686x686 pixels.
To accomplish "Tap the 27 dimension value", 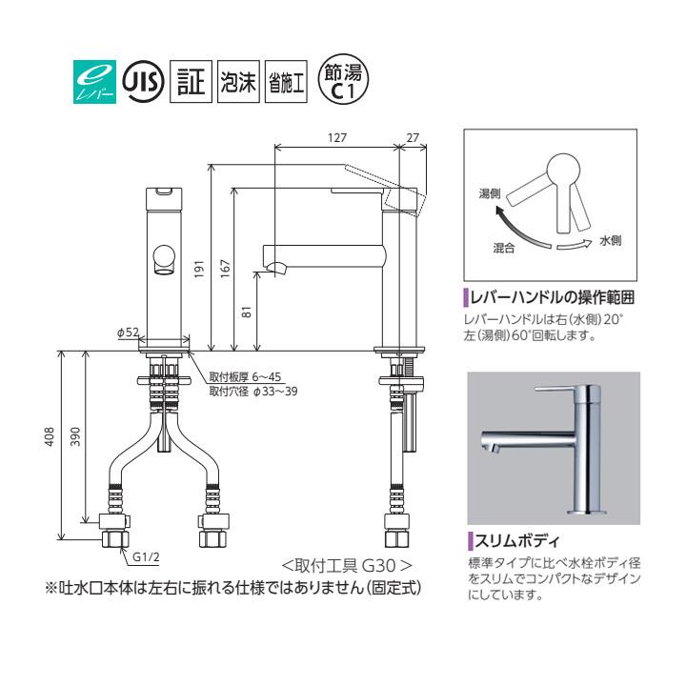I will coord(412,138).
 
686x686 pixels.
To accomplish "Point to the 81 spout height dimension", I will coord(247,311).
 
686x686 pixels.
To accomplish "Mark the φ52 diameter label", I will coord(129,332).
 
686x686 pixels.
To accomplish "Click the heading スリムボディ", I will coord(508,544).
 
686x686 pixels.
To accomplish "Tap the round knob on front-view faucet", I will coord(163,258).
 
